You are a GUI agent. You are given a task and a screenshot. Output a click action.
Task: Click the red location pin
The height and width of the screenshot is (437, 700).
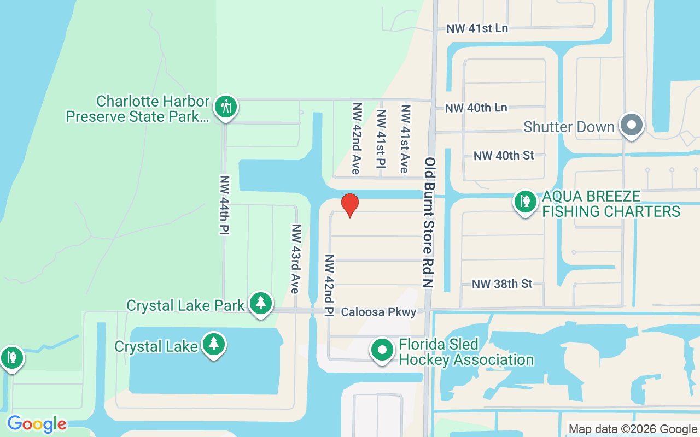[350, 205]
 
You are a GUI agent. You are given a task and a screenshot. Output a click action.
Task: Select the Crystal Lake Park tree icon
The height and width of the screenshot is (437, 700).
[261, 303]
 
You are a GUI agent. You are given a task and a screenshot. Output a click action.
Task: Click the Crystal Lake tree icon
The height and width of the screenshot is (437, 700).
[213, 345]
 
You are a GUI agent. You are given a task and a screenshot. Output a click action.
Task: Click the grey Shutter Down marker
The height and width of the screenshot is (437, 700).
[632, 125]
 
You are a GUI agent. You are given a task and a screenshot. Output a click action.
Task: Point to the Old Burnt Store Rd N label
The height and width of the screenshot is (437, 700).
[429, 222]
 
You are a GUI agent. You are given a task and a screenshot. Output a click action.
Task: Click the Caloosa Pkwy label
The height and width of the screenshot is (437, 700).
[379, 312]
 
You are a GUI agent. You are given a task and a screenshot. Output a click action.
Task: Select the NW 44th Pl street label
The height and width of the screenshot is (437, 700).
[224, 205]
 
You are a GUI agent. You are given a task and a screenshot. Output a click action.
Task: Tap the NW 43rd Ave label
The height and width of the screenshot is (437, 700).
[296, 259]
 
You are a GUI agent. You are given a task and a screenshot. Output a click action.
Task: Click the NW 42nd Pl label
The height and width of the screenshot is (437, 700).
[329, 286]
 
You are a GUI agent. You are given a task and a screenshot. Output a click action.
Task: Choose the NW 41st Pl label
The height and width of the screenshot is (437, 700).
[381, 139]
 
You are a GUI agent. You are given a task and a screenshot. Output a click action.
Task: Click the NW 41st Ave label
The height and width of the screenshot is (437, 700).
[405, 139]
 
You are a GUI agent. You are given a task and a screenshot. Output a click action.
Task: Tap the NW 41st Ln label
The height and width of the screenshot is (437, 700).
[477, 28]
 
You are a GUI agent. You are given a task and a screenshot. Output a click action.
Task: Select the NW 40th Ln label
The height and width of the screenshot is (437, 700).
[476, 108]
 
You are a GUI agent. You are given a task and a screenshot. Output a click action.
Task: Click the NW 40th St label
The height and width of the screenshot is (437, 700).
[504, 156]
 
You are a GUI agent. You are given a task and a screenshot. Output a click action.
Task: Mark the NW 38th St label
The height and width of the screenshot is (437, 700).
[502, 284]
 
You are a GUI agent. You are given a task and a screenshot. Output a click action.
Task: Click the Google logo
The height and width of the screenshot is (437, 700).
[37, 424]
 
